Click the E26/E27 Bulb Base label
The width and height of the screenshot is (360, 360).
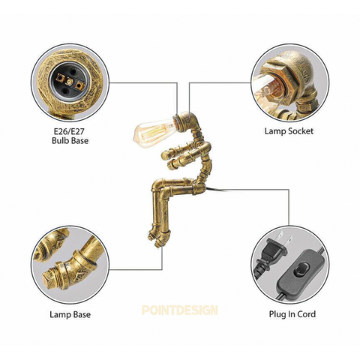(70, 136)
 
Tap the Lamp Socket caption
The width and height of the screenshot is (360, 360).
(289, 131)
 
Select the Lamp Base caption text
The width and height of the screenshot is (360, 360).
(70, 314)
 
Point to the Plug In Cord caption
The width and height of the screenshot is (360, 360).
(292, 314)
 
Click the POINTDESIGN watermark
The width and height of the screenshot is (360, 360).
(180, 310)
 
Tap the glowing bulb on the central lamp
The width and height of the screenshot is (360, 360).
(153, 132)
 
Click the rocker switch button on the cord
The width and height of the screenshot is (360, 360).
(299, 271)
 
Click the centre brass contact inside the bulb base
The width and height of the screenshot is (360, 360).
(70, 82)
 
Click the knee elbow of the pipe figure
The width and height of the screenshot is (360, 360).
(160, 186)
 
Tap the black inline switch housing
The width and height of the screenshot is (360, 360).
(298, 274)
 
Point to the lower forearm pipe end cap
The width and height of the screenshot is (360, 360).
(172, 164)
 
